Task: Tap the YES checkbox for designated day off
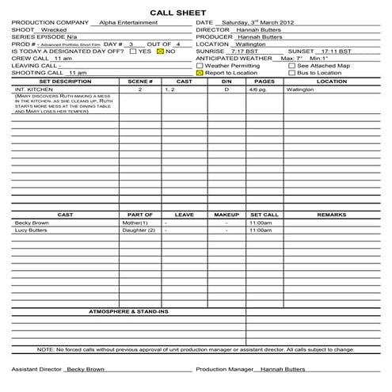[132, 51]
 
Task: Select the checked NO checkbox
[160, 51]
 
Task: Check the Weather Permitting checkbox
[199, 65]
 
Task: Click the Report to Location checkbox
[199, 72]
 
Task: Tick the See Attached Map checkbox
[291, 65]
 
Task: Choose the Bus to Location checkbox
[291, 72]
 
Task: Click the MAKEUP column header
[226, 215]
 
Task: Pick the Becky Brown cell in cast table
[32, 223]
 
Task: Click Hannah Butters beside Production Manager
[282, 369]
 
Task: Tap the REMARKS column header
[331, 215]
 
